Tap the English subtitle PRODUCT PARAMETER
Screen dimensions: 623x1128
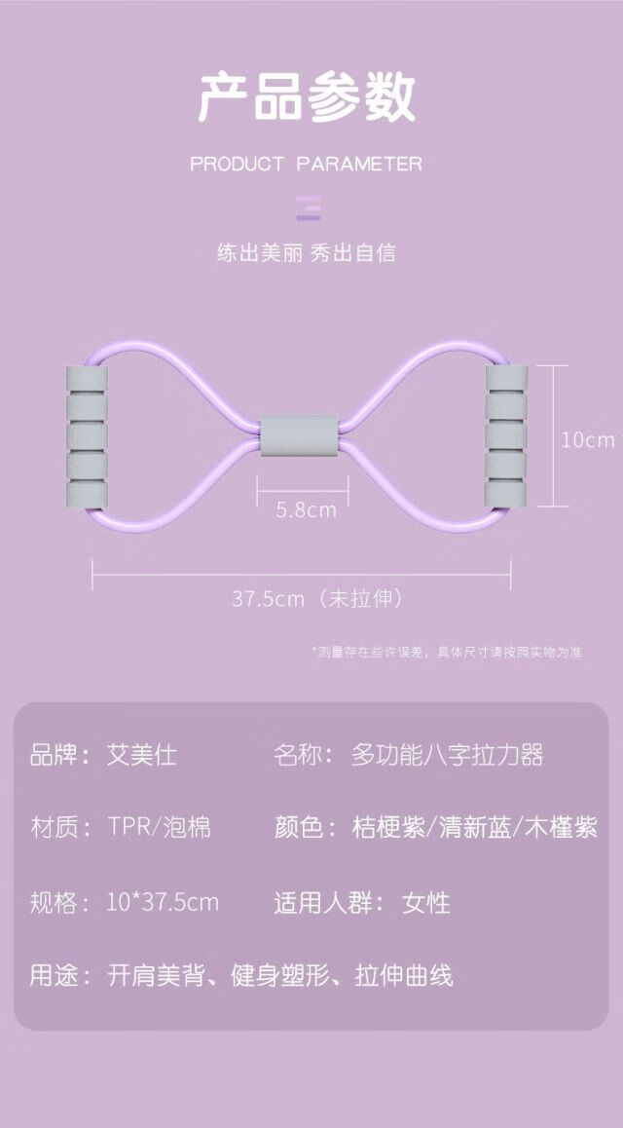(x=307, y=164)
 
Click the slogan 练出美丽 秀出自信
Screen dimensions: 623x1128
(x=307, y=253)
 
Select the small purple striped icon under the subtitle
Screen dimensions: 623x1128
(x=309, y=209)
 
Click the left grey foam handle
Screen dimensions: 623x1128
(x=85, y=437)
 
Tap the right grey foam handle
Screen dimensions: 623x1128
(x=506, y=437)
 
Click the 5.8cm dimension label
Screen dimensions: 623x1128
(x=306, y=508)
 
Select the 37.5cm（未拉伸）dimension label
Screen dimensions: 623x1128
(x=317, y=598)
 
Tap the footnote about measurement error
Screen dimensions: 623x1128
(x=447, y=653)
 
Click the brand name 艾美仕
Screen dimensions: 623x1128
(x=142, y=754)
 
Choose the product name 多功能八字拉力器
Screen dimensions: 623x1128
(x=447, y=754)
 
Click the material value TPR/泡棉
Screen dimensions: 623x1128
(x=160, y=828)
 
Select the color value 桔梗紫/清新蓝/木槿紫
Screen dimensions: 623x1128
(x=474, y=828)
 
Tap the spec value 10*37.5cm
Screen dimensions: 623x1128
(x=163, y=902)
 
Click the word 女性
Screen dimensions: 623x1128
(x=426, y=902)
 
